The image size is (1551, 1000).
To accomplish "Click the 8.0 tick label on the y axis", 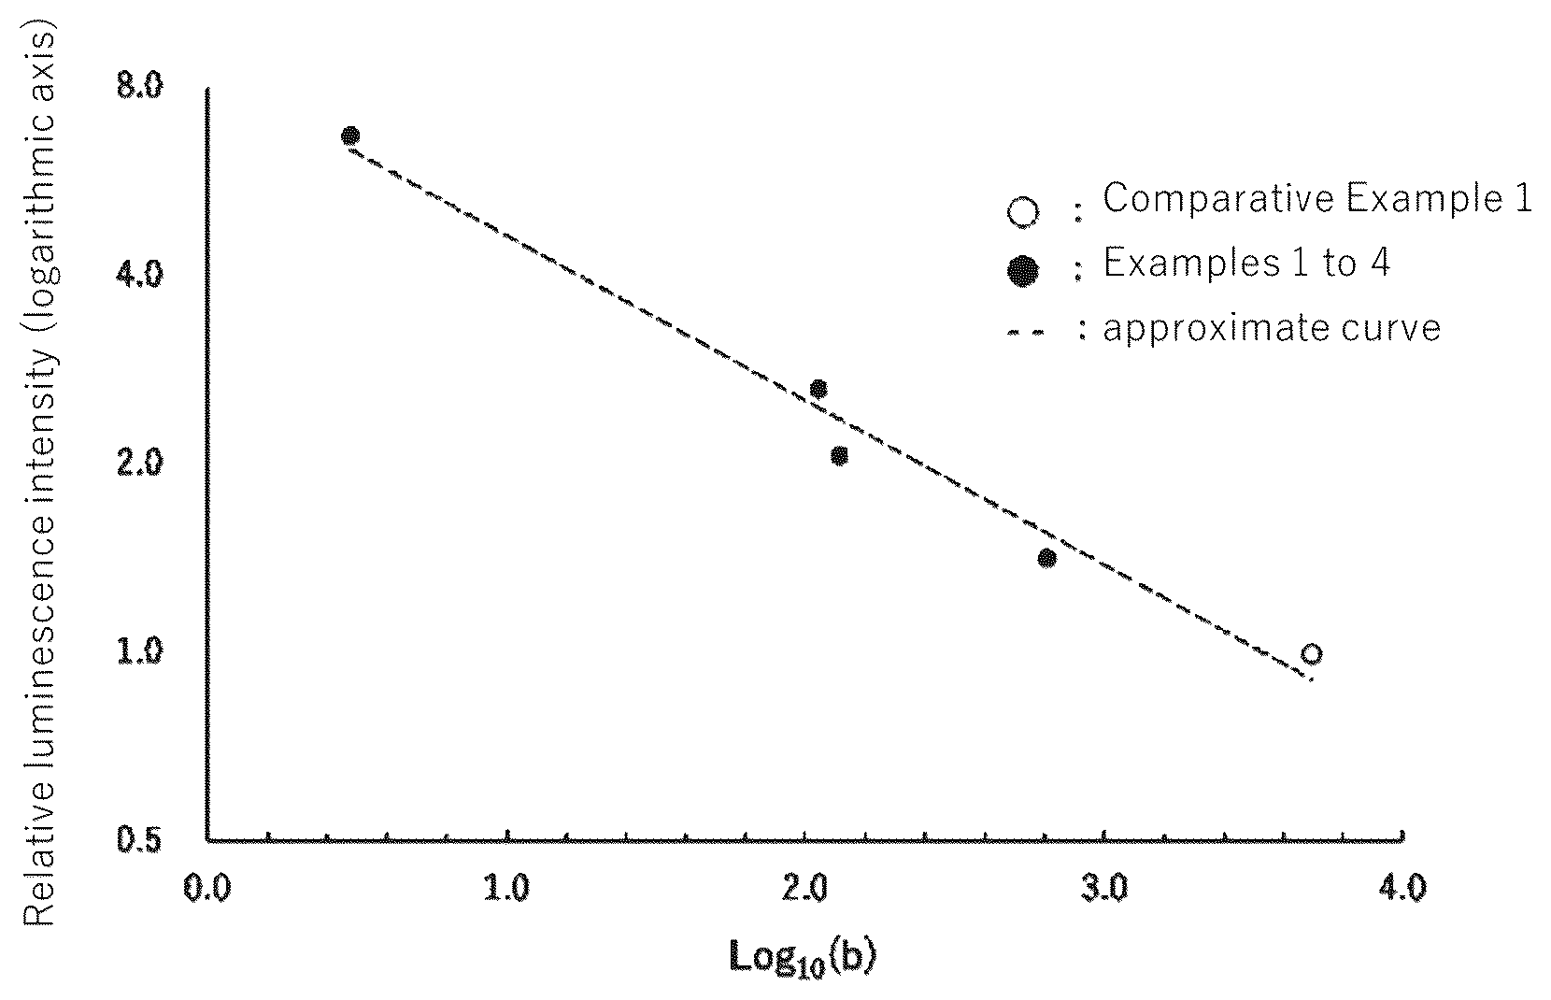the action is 139,87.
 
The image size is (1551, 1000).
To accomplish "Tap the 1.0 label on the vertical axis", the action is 139,651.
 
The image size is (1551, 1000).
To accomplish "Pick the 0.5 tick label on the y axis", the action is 139,840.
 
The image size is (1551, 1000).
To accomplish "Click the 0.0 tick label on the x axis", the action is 207,888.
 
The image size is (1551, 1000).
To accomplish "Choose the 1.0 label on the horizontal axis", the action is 506,888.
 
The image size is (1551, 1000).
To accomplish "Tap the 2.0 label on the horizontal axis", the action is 804,888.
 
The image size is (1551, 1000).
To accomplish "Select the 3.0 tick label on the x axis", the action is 1103,888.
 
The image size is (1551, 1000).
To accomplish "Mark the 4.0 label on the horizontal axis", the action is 1402,888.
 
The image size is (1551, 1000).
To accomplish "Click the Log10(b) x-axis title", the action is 804,959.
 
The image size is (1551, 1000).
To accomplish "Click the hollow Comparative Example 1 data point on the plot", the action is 1312,654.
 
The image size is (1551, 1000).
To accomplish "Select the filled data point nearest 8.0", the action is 350,136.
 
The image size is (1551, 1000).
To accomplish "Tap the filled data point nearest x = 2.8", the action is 1046,558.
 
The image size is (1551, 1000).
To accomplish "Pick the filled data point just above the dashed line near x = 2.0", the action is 818,389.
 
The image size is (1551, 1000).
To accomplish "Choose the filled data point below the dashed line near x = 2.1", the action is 839,456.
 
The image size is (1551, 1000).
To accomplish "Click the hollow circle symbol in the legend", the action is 1023,212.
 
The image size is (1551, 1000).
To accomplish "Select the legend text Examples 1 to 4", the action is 1246,264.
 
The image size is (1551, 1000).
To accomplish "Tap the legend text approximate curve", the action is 1272,328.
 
